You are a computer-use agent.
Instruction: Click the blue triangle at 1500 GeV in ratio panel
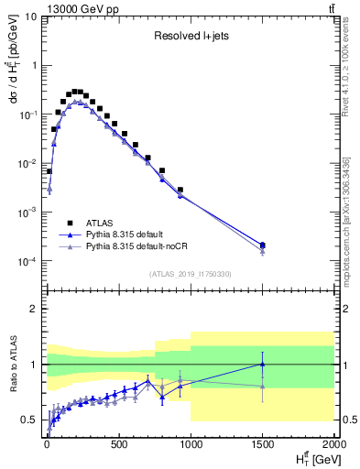point(263,364)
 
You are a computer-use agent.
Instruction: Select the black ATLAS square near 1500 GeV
point(263,245)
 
